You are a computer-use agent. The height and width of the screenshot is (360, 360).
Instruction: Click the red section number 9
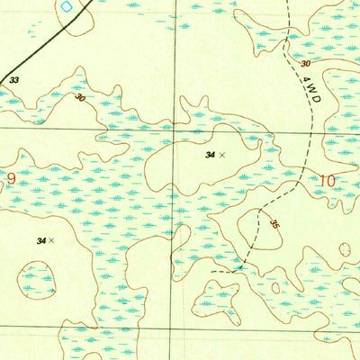pyautogui.click(x=11, y=178)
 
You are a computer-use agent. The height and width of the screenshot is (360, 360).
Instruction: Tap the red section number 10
pyautogui.click(x=327, y=181)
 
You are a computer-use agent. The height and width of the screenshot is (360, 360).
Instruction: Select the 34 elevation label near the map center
pyautogui.click(x=210, y=156)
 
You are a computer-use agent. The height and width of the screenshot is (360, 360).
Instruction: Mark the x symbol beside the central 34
pyautogui.click(x=222, y=156)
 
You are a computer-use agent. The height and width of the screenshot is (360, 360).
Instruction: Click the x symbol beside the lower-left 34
pyautogui.click(x=52, y=240)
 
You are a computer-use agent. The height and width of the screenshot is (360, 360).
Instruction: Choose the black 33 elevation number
pyautogui.click(x=13, y=80)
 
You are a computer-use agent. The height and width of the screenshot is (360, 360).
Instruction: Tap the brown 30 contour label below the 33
pyautogui.click(x=81, y=97)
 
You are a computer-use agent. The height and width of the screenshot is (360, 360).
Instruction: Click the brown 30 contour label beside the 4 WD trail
pyautogui.click(x=306, y=64)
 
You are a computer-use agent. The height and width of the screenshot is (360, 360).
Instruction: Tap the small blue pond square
pyautogui.click(x=66, y=6)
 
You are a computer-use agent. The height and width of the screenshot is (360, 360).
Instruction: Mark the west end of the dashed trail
pyautogui.click(x=212, y=269)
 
